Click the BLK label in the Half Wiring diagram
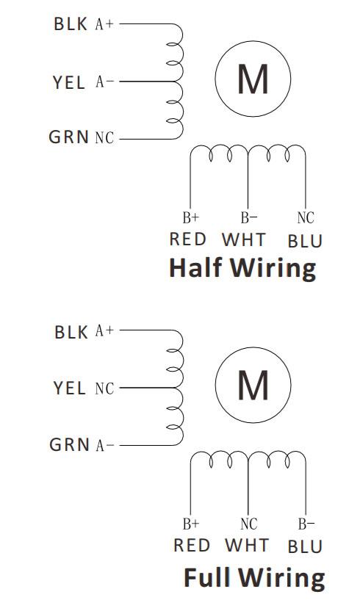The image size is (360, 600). [71, 24]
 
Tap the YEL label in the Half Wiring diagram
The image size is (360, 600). [69, 82]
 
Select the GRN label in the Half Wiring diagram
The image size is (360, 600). [69, 137]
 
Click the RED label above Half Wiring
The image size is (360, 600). [187, 239]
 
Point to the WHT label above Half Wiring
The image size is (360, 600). [244, 240]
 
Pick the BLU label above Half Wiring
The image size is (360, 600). [305, 242]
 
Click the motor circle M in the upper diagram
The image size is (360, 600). [253, 79]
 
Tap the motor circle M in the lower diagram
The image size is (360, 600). [253, 385]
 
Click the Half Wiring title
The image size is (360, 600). [242, 268]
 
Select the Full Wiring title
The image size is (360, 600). [254, 577]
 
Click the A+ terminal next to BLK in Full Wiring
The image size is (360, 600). [104, 330]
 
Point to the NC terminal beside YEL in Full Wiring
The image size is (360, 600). [104, 388]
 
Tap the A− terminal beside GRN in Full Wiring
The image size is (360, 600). [104, 445]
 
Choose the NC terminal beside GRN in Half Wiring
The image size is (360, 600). [104, 137]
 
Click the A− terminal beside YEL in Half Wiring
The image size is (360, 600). [104, 82]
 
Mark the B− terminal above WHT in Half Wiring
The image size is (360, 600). [249, 217]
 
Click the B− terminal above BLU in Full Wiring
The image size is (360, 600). [306, 524]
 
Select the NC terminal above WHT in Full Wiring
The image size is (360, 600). [249, 524]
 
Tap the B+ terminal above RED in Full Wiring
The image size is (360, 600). [191, 524]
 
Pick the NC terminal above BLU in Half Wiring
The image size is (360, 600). [306, 217]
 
